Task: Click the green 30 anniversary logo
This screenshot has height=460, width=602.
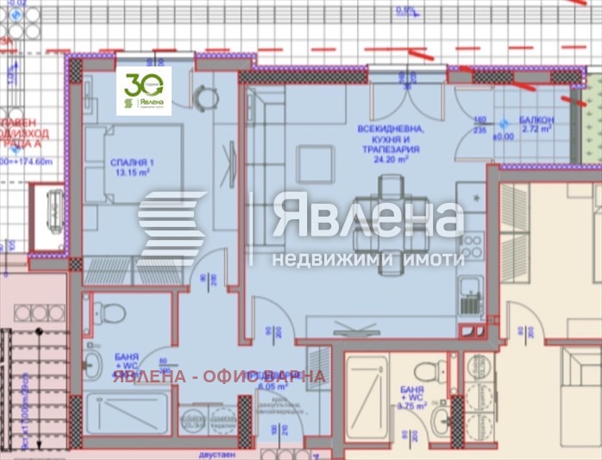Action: (143, 91)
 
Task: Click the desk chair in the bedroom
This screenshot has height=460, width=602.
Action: (204, 98)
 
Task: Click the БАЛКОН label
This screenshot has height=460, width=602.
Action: (536, 119)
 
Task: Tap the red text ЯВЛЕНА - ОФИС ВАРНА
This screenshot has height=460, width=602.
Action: (217, 376)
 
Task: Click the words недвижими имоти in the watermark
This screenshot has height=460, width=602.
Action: (368, 258)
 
